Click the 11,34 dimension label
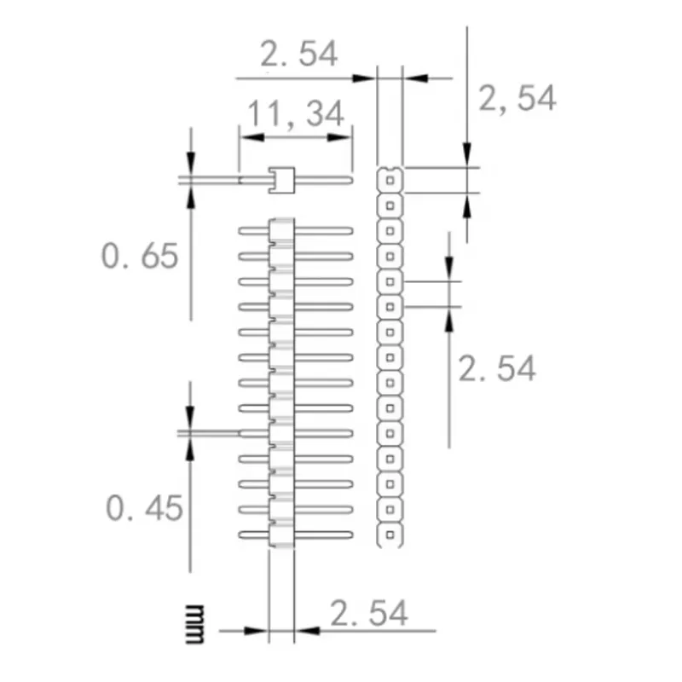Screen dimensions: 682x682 [x=295, y=113]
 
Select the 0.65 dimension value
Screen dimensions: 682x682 [x=140, y=256]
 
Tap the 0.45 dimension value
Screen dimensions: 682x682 [x=144, y=508]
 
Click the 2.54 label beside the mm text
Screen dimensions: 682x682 [x=368, y=613]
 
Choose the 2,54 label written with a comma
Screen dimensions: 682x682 [x=517, y=99]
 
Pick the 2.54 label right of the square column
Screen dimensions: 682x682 [x=497, y=369]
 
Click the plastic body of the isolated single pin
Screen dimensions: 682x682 [x=281, y=180]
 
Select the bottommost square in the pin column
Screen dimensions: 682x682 [x=390, y=535]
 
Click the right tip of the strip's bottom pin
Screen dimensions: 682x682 [x=350, y=535]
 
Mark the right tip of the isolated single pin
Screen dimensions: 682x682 [x=349, y=180]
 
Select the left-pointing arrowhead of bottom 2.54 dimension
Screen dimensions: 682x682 [x=305, y=632]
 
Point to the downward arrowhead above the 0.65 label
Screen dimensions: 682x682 [x=191, y=165]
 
